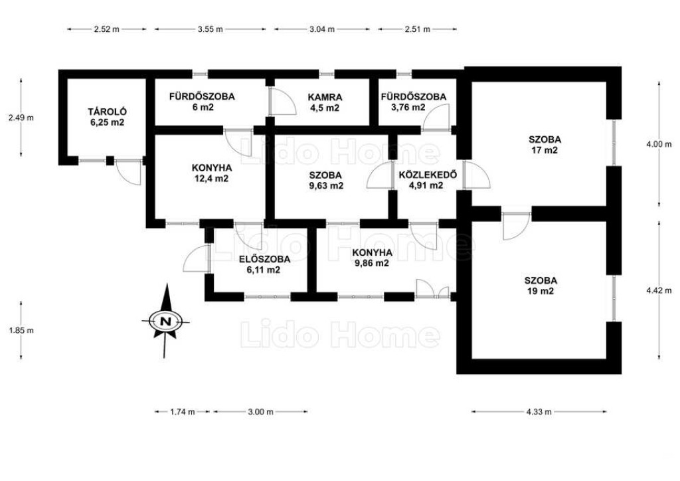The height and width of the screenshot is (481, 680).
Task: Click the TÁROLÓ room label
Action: point(107,117)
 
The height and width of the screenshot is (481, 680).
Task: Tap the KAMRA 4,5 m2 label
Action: point(325,102)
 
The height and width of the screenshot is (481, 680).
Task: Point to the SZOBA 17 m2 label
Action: point(545,145)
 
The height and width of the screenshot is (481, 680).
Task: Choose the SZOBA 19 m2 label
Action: point(541,286)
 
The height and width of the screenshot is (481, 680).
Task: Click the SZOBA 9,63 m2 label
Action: point(325,181)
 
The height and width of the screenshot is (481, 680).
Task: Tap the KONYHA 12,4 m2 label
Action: point(212,173)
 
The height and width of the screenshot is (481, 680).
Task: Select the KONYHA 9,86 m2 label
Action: point(372,258)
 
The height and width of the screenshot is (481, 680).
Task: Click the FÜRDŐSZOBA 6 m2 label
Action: point(202,102)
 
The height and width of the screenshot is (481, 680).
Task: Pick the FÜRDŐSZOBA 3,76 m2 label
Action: point(413,102)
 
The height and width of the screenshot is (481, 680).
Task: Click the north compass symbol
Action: point(165,321)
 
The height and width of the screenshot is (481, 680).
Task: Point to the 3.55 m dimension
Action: point(211,29)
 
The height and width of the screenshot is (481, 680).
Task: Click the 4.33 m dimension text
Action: point(539,412)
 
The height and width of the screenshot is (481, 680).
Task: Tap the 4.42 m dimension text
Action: point(659,290)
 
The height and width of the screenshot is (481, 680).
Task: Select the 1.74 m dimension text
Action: point(182,412)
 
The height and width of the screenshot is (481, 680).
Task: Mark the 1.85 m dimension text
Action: point(21,330)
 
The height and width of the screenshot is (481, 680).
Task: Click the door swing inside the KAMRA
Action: point(282,101)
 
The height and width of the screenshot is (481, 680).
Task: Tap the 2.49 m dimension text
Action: point(21,117)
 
